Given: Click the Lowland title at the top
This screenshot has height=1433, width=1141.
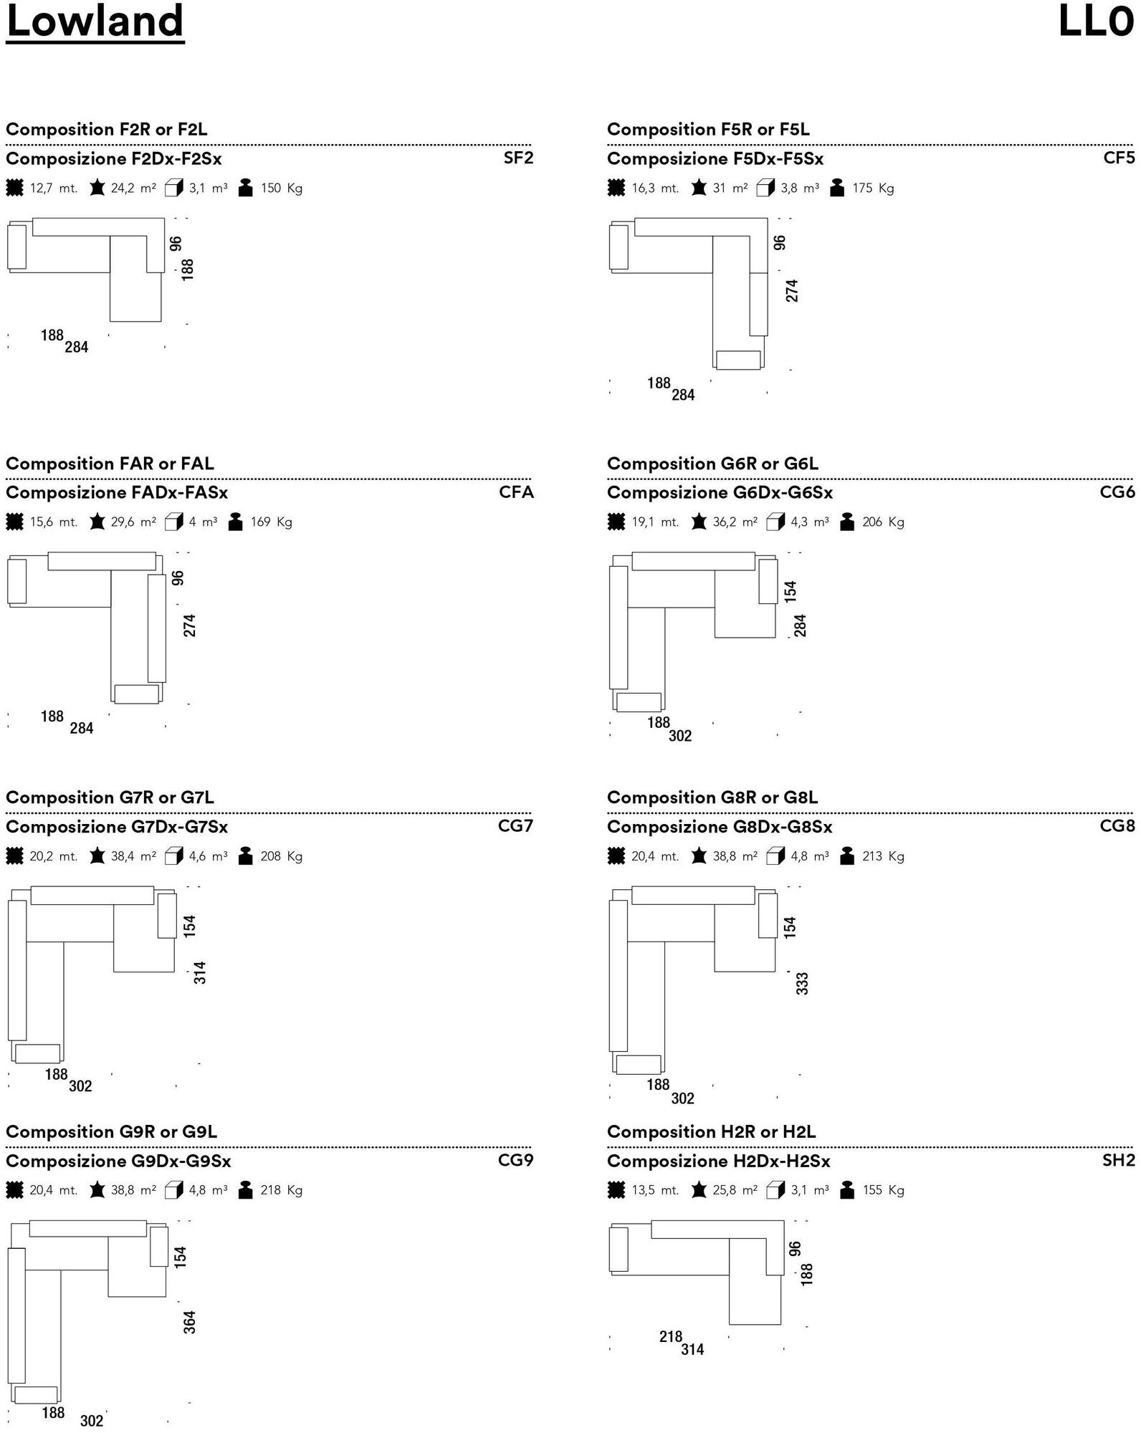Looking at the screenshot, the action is (95, 21).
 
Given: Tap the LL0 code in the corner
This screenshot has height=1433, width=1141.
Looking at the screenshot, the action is (1097, 21).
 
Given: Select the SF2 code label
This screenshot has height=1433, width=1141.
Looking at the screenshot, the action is (518, 158).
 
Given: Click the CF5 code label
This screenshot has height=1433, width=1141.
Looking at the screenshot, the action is (1119, 158).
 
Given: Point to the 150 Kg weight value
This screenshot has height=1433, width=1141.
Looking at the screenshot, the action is (281, 188).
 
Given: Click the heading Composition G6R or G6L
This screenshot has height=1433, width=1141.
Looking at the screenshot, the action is (712, 464).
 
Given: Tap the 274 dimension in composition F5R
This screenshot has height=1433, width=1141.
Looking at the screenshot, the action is (792, 290).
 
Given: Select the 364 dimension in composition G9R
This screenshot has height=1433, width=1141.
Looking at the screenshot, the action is (189, 1322).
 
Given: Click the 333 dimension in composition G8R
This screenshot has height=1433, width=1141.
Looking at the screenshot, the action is (802, 983).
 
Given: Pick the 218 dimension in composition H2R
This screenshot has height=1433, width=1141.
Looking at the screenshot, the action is (671, 1336).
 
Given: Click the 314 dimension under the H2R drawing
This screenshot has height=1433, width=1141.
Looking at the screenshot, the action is (692, 1349).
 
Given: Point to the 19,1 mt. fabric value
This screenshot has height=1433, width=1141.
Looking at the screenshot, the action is (655, 522).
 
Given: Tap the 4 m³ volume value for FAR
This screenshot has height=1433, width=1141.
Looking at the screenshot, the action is (203, 522).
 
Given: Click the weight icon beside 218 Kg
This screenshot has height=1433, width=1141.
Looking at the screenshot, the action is (245, 1190).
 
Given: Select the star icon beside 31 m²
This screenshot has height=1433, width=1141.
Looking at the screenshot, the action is (699, 188).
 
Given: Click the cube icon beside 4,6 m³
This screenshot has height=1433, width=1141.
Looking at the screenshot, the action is (174, 856).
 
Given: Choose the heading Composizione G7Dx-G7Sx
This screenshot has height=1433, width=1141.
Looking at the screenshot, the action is (117, 827).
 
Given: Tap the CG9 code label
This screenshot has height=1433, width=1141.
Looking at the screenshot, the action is (516, 1160).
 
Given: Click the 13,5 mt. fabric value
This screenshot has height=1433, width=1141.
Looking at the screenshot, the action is (655, 1190).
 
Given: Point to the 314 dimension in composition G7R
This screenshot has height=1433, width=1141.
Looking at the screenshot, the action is (200, 972).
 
